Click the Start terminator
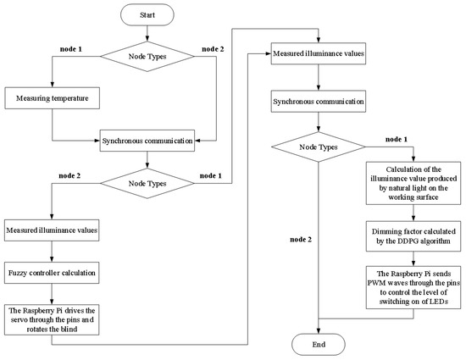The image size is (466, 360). click(x=148, y=14)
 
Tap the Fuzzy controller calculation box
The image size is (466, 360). click(x=52, y=274)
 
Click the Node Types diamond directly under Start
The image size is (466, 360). click(x=148, y=58)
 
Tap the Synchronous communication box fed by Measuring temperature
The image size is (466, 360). click(x=148, y=138)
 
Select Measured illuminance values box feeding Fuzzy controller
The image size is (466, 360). click(x=52, y=230)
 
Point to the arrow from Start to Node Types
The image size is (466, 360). click(x=148, y=33)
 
